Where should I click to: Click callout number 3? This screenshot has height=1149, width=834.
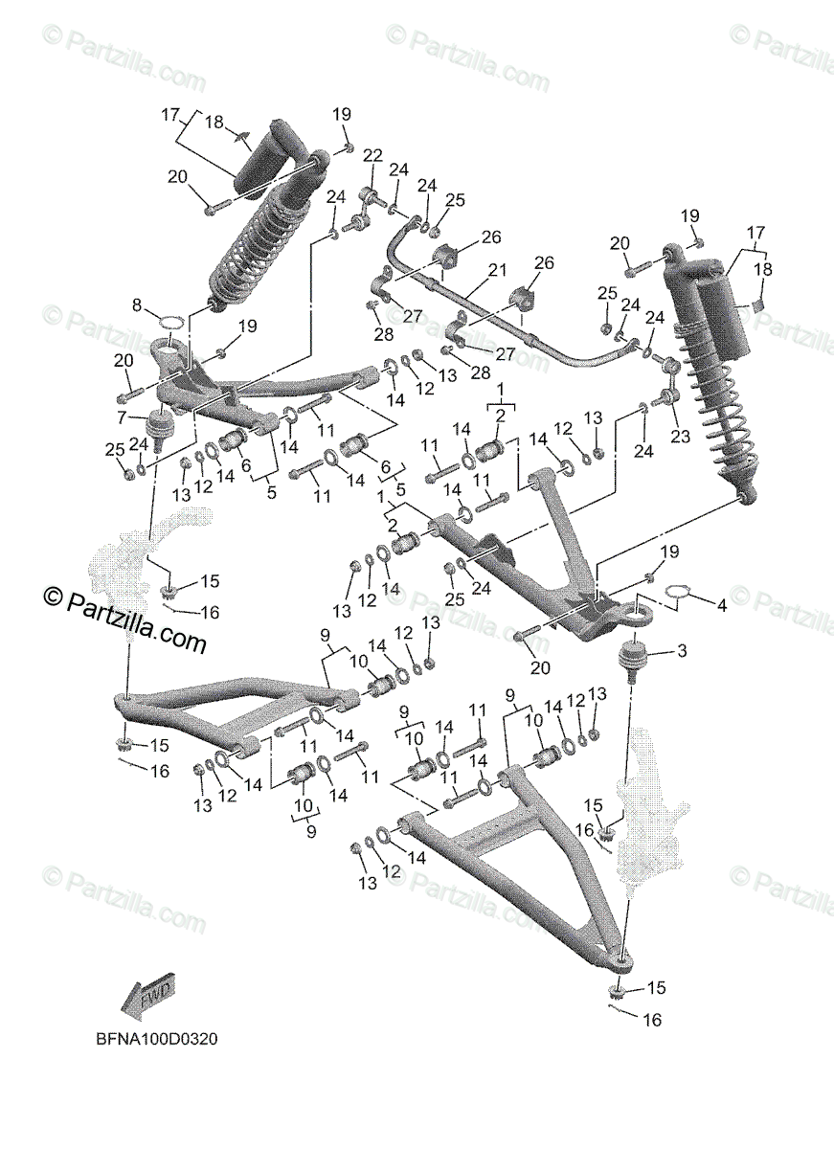682,652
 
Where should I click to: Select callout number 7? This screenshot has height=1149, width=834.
122,417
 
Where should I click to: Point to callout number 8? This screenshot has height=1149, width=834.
137,306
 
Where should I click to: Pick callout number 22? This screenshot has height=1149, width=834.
372,156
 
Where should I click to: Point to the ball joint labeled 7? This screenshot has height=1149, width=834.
161,421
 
